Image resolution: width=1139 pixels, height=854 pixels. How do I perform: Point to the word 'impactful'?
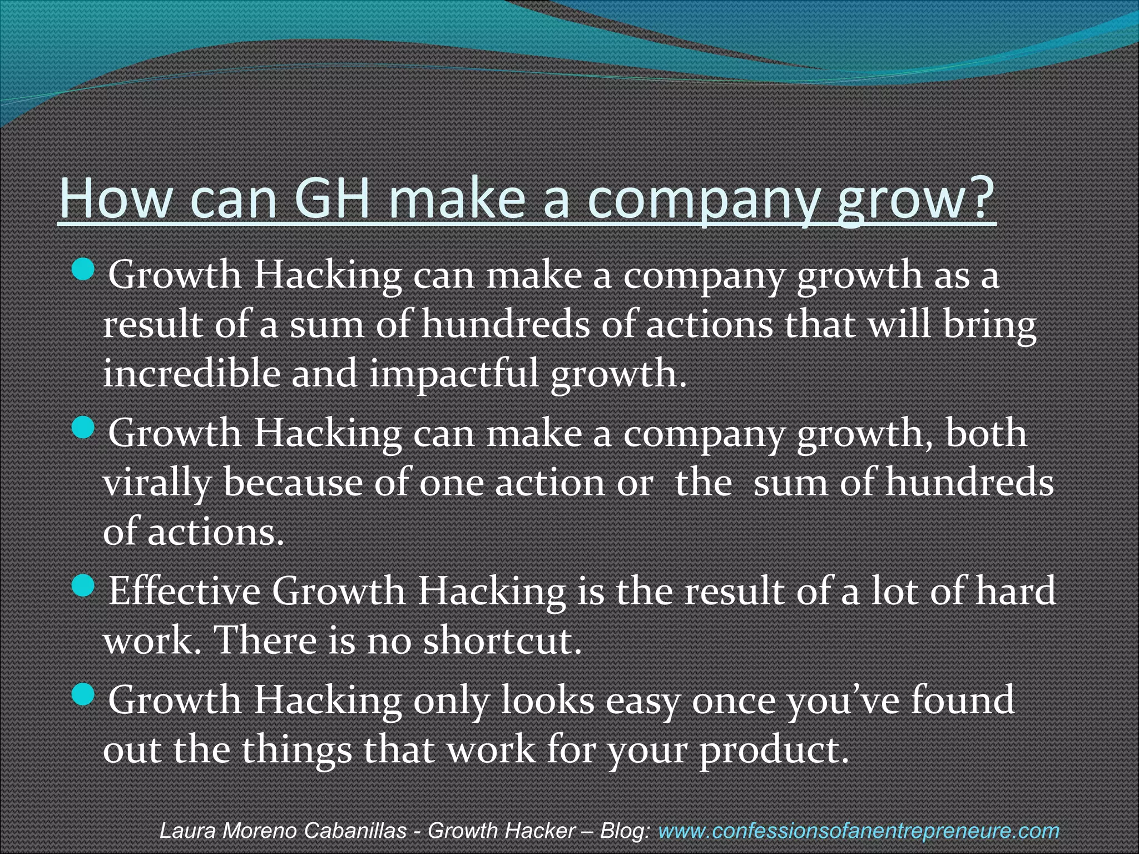coord(454,374)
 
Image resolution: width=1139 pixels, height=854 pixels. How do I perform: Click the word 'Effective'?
coord(184,590)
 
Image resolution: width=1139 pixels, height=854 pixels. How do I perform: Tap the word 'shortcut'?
coord(498,640)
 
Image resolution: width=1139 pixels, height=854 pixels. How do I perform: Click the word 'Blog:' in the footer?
coord(625,831)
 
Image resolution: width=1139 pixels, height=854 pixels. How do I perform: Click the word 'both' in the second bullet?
coord(986,433)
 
